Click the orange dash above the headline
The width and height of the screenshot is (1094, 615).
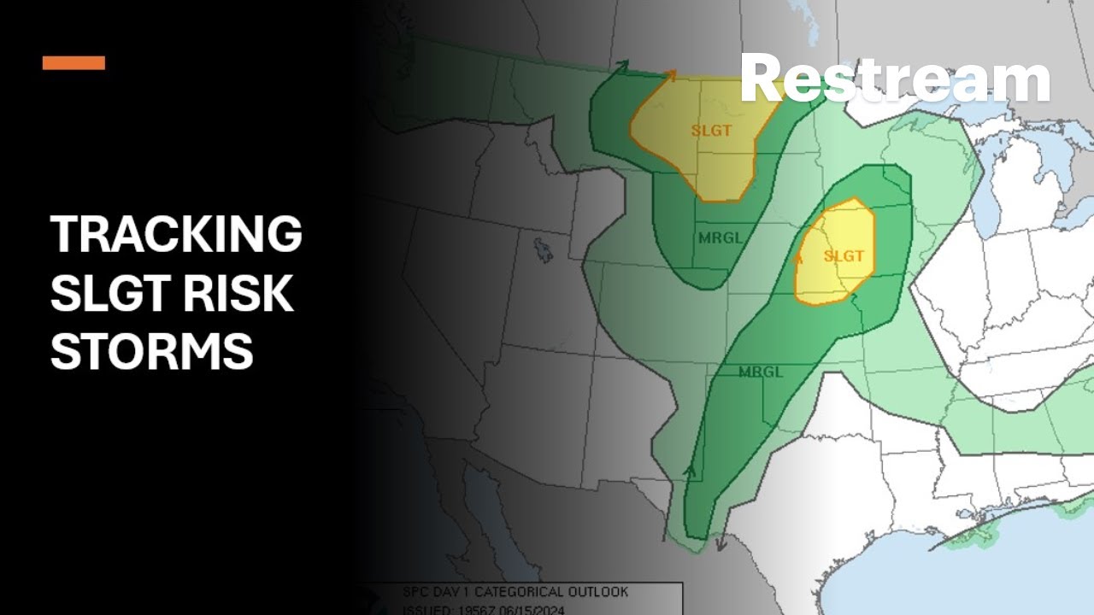pyautogui.click(x=74, y=62)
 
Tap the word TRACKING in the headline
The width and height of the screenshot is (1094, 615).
pyautogui.click(x=176, y=234)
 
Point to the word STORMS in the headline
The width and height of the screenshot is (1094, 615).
pyautogui.click(x=151, y=351)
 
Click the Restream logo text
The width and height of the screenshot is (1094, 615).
pyautogui.click(x=895, y=79)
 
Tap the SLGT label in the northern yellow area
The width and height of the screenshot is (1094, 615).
pyautogui.click(x=711, y=131)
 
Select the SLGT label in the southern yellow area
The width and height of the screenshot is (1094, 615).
pyautogui.click(x=844, y=255)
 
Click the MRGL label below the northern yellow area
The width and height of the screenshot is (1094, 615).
pyautogui.click(x=721, y=237)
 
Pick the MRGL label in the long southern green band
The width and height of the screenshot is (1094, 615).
pyautogui.click(x=761, y=372)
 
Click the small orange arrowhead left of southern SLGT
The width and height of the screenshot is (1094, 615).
pyautogui.click(x=800, y=256)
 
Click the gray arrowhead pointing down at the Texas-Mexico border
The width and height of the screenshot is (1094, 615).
pyautogui.click(x=721, y=543)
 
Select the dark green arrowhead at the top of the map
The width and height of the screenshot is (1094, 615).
pyautogui.click(x=622, y=65)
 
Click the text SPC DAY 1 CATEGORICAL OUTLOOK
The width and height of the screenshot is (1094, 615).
pyautogui.click(x=515, y=592)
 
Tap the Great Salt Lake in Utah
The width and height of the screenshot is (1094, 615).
pyautogui.click(x=543, y=249)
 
